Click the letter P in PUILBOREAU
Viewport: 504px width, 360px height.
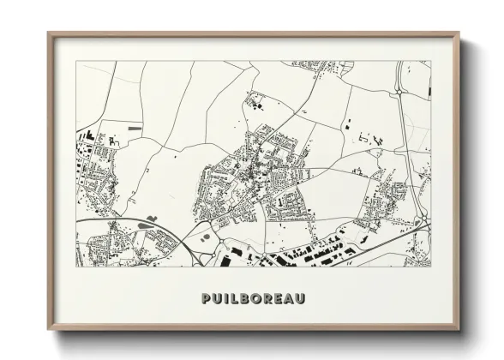[203, 298]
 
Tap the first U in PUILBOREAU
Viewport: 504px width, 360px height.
[215, 298]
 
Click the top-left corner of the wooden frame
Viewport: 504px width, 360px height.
[48, 33]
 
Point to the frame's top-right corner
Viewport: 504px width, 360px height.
[459, 33]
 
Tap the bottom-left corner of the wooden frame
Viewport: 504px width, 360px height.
[48, 331]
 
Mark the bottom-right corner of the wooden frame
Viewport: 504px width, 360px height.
[459, 331]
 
